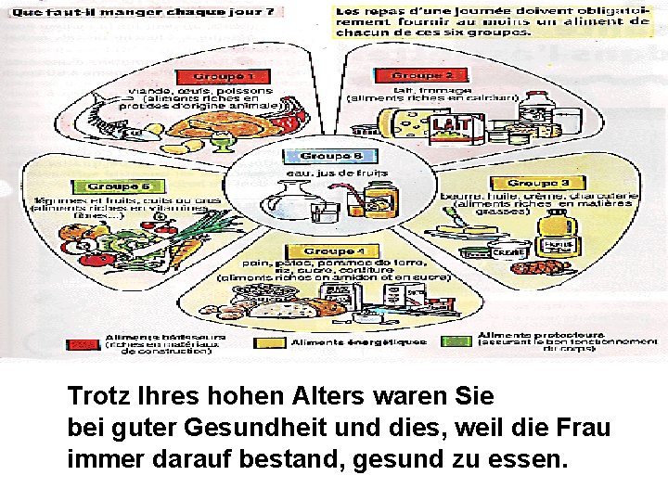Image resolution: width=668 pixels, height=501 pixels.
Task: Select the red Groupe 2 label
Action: [x=422, y=74]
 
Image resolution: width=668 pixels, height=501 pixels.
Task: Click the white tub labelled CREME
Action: [x=508, y=250]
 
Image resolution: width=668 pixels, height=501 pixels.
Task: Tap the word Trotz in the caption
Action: [x=98, y=397]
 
